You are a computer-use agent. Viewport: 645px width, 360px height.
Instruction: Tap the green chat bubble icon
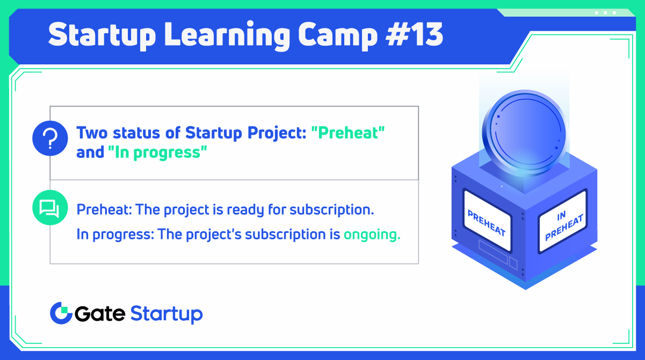49,207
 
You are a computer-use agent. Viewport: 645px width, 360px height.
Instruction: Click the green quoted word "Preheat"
348,132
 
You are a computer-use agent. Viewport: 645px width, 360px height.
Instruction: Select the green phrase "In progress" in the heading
157,153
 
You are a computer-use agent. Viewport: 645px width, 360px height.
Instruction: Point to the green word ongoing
372,235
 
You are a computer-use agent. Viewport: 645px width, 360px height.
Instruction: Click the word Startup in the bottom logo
167,314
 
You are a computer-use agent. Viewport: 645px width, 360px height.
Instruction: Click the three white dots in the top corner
605,12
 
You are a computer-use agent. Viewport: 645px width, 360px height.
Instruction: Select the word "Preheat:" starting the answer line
104,210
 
